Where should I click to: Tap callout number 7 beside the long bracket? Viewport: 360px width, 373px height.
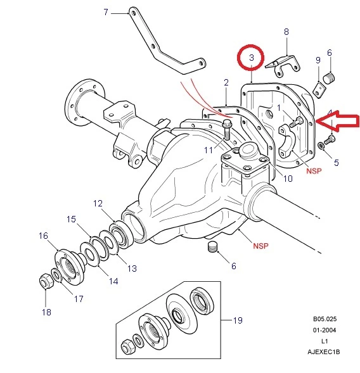(105, 12)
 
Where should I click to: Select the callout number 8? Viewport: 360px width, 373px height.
(286, 31)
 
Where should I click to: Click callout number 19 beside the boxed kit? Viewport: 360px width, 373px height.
(238, 321)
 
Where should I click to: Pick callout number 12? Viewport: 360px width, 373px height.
(98, 203)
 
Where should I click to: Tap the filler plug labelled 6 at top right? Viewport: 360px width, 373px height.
(328, 78)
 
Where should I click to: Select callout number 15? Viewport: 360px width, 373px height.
(72, 219)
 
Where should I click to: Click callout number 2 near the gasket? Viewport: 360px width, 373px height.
(226, 82)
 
